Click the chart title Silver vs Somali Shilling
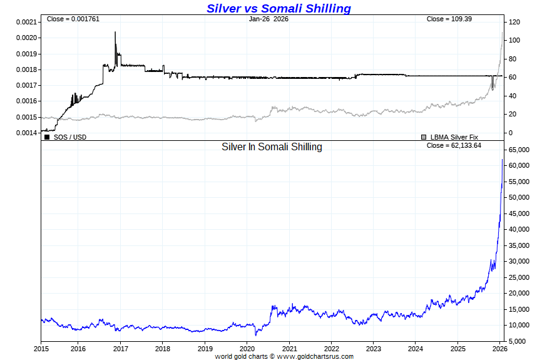278,8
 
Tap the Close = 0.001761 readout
73,19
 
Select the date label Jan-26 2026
268,19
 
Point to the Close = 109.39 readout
449,19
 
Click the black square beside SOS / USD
48,136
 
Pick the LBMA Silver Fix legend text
454,136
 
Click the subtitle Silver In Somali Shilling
272,147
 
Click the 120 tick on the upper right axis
515,22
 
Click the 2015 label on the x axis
41,349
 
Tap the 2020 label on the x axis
247,349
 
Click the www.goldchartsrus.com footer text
315,356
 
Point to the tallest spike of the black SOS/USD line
115,33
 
